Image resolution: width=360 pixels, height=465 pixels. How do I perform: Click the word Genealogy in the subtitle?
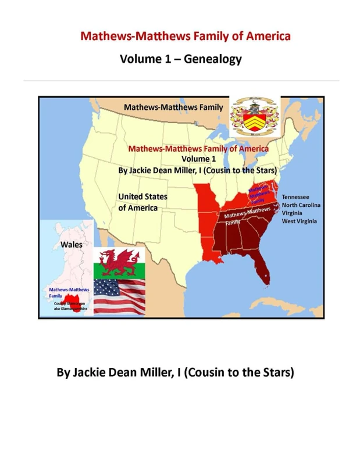click(x=212, y=59)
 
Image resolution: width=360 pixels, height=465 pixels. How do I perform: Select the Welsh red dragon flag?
click(x=120, y=263)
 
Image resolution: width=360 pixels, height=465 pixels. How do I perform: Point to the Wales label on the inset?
click(x=72, y=245)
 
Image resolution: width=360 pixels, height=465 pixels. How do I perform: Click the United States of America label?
click(x=142, y=202)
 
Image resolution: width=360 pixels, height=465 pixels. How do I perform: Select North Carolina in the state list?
click(x=301, y=205)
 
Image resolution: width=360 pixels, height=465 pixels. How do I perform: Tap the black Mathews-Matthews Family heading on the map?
click(x=173, y=108)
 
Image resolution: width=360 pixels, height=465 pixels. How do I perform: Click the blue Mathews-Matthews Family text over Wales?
click(x=69, y=292)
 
